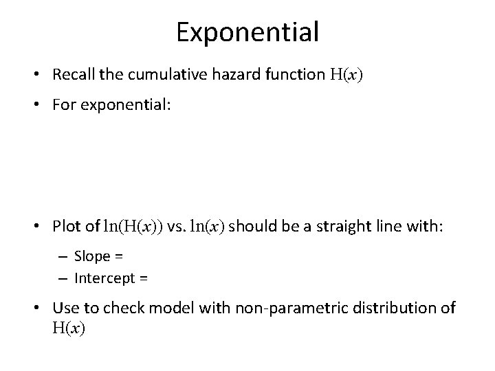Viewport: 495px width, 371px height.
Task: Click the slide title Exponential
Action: click(x=247, y=32)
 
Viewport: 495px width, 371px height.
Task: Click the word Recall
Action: click(x=93, y=76)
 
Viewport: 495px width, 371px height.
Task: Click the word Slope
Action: click(x=92, y=257)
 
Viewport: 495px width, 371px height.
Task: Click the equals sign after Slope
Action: click(x=119, y=257)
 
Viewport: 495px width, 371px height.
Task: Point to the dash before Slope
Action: click(x=63, y=257)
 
